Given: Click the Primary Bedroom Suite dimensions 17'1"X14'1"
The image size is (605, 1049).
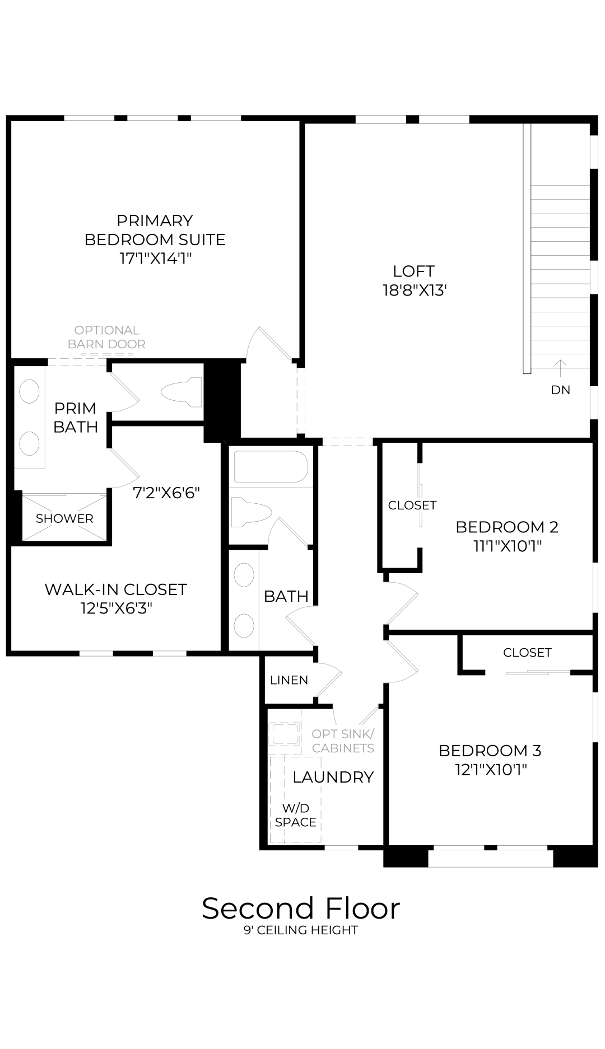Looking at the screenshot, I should click(155, 259).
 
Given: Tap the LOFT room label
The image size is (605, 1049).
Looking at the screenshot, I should click(413, 271).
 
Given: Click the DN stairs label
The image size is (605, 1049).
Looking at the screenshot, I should click(560, 390).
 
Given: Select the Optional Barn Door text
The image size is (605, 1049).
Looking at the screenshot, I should click(106, 337).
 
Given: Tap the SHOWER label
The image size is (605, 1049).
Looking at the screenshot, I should click(64, 518).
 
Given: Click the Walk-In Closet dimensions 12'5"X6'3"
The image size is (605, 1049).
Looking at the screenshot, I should click(116, 608).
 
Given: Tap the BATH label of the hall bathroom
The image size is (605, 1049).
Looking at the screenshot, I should click(286, 597).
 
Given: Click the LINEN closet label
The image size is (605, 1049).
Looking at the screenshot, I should click(288, 680).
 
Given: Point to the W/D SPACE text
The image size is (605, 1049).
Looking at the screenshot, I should click(296, 815).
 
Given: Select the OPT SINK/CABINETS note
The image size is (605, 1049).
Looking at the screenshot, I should click(343, 741).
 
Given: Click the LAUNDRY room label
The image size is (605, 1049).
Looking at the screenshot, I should click(333, 777).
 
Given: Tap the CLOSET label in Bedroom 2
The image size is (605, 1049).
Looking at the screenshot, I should click(412, 505).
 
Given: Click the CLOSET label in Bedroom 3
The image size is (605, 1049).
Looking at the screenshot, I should click(527, 653).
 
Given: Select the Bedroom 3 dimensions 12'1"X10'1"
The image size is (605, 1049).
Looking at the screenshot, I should click(491, 770).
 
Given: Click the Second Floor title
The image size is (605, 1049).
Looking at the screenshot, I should click(301, 908).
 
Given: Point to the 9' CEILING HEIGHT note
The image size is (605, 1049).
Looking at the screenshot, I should click(301, 930).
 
